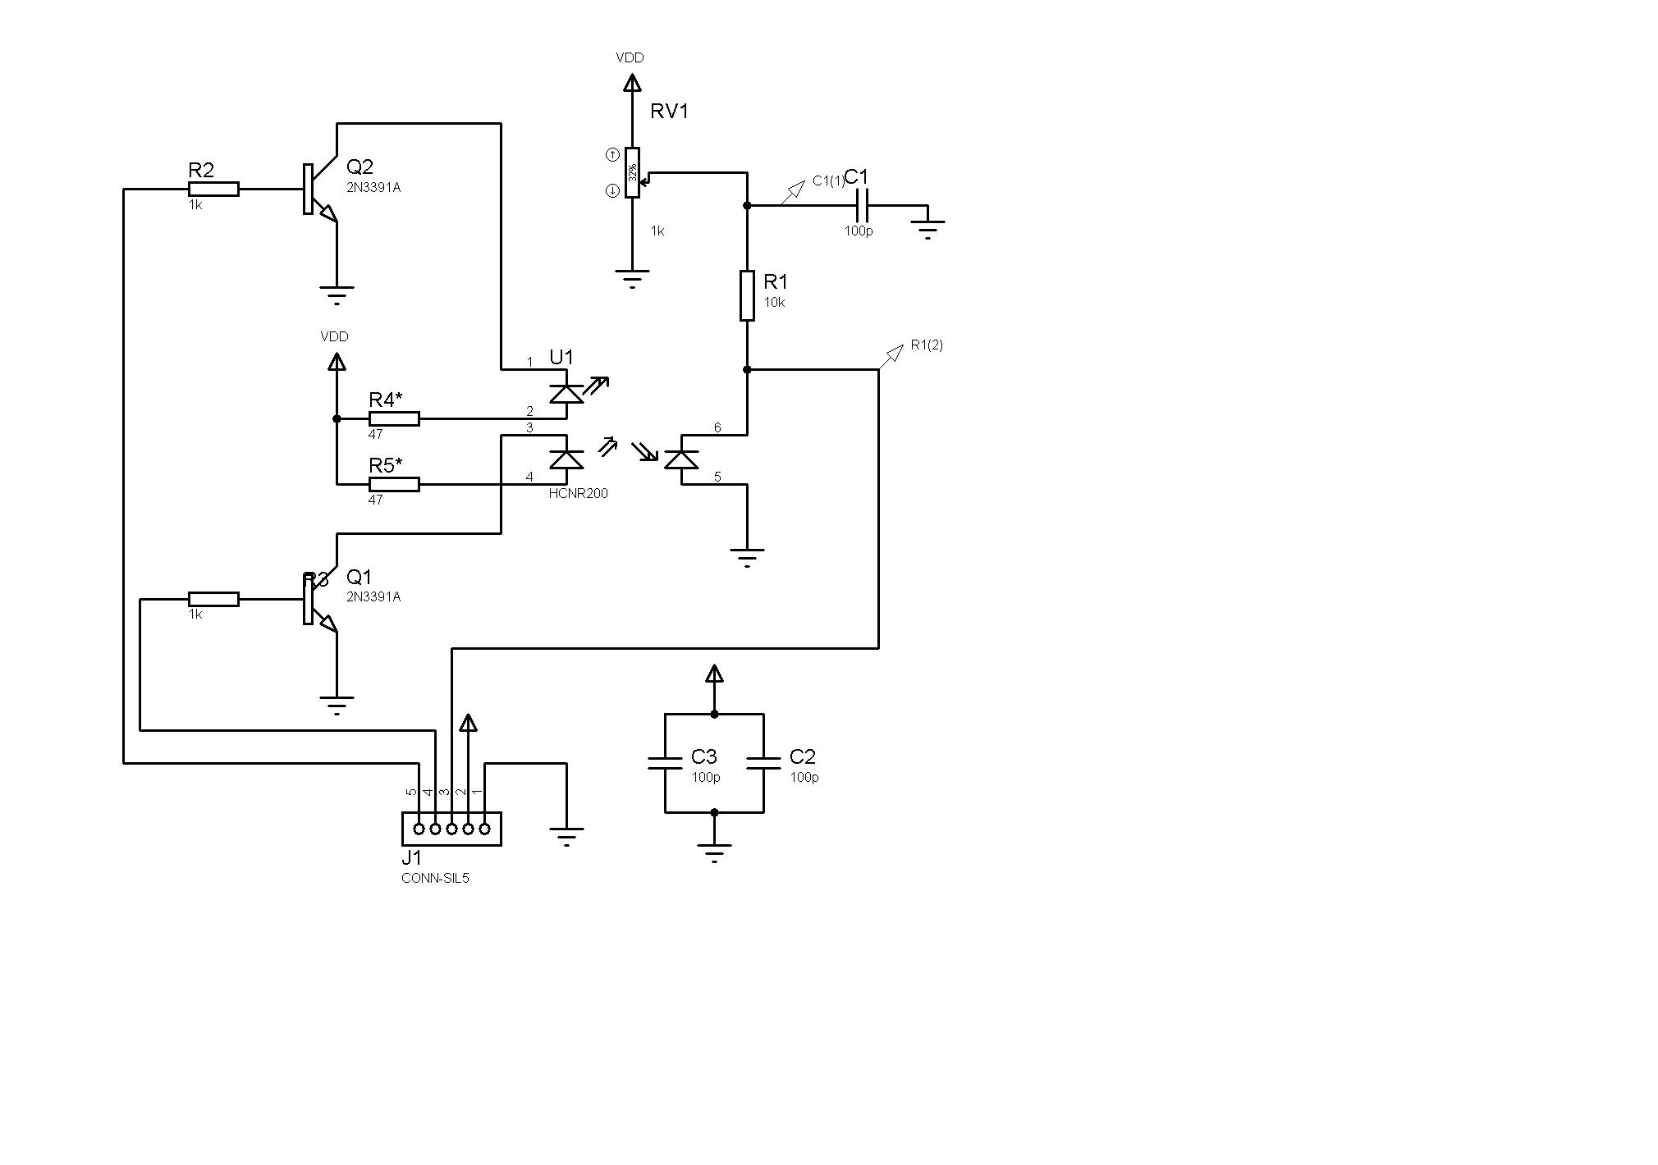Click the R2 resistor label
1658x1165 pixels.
[x=201, y=171]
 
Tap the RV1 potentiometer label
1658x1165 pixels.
[x=669, y=112]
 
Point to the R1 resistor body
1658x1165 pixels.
[x=747, y=295]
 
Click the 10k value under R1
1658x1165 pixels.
[x=774, y=302]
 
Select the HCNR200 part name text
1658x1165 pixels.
[x=579, y=494]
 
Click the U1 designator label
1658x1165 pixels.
[x=561, y=358]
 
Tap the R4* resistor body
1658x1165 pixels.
[x=394, y=418]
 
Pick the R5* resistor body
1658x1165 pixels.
[x=394, y=484]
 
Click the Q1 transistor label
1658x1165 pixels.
[x=360, y=577]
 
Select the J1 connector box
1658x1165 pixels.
[x=451, y=829]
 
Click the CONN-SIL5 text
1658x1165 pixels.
[x=435, y=878]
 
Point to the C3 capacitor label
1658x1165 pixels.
[x=703, y=756]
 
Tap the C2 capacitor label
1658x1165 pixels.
[x=802, y=756]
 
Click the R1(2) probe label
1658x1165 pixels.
[x=927, y=345]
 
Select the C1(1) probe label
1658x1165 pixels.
[x=828, y=181]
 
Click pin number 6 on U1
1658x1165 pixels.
[x=717, y=427]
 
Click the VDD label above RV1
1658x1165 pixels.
[x=630, y=58]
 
